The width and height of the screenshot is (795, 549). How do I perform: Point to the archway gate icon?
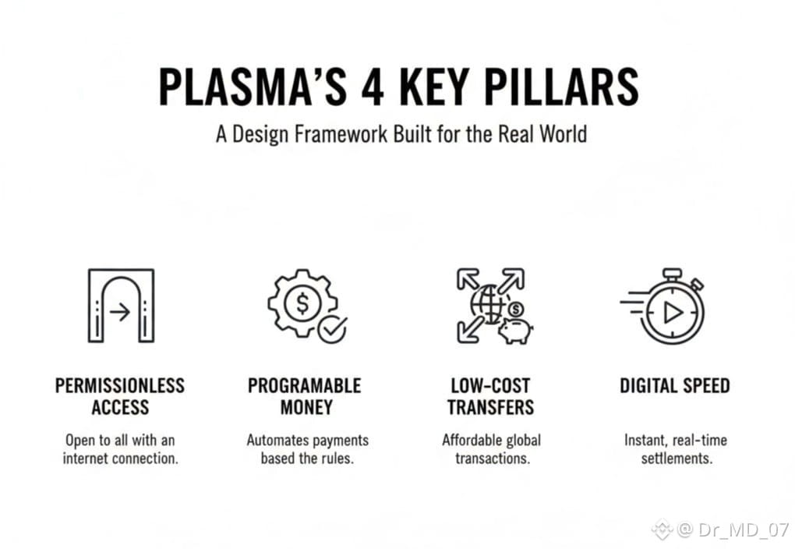tap(121, 306)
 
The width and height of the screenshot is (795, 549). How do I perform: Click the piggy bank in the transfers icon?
tap(514, 329)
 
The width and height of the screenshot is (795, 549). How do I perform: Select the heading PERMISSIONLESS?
tap(120, 386)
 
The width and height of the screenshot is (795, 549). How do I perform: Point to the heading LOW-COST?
tap(490, 386)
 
